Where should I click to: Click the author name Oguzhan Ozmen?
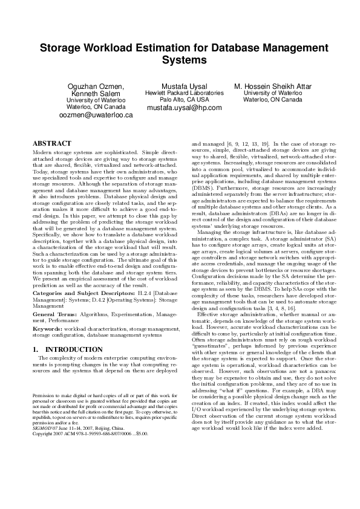click(x=97, y=86)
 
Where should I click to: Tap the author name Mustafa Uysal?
click(x=185, y=86)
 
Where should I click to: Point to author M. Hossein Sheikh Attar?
click(x=273, y=86)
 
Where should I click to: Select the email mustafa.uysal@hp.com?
click(x=185, y=108)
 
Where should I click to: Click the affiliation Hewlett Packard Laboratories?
click(x=185, y=94)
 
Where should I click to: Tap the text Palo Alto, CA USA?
click(x=185, y=100)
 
